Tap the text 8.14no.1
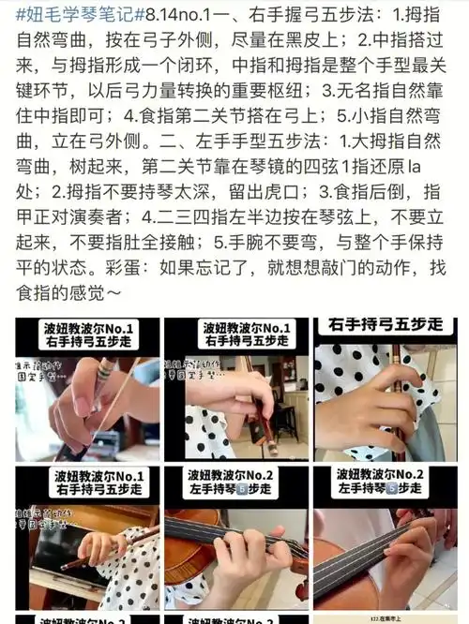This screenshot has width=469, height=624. click(178, 17)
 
